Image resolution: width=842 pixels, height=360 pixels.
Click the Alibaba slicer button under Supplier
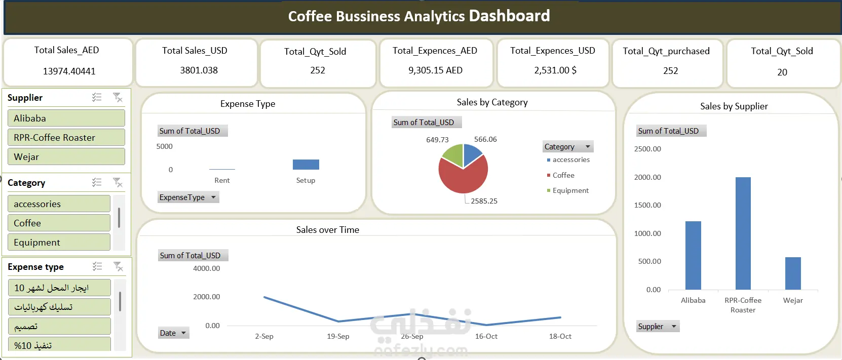(x=66, y=118)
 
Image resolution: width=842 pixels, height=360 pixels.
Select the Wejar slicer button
(x=66, y=157)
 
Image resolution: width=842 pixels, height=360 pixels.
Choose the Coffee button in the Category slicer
(x=59, y=223)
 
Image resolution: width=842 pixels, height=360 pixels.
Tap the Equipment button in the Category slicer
(x=59, y=243)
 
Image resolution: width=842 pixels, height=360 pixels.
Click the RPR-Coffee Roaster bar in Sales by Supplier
(x=743, y=233)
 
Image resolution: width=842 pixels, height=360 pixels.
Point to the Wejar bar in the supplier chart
(x=793, y=273)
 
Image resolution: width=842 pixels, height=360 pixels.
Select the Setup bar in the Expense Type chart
(x=305, y=165)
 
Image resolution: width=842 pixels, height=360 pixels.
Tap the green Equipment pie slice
(x=452, y=154)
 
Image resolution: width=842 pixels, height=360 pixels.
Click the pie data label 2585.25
(x=484, y=201)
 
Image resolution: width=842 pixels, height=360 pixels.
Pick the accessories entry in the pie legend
(x=571, y=160)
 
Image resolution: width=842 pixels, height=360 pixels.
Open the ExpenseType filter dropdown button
(x=213, y=197)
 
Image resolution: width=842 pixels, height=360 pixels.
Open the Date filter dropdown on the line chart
(x=183, y=333)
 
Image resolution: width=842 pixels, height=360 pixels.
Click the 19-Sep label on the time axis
(x=338, y=337)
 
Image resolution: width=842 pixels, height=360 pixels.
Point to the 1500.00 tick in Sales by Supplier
(x=647, y=205)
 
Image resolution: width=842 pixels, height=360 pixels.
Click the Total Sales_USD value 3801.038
(x=199, y=70)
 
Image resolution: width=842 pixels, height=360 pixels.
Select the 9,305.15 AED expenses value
(x=435, y=70)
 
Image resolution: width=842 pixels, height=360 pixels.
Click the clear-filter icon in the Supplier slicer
(x=118, y=98)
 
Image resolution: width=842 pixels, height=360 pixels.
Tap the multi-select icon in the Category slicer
(x=97, y=182)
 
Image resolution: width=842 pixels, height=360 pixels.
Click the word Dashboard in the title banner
(x=509, y=16)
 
